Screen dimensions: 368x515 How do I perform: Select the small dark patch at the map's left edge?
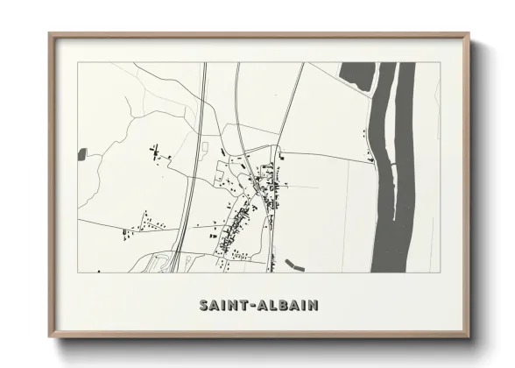[x=82, y=154]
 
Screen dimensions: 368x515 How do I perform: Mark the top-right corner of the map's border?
[x=438, y=63]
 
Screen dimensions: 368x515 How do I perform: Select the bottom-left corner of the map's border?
[x=77, y=272]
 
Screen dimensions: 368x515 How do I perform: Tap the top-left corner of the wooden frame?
[x=49, y=34]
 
